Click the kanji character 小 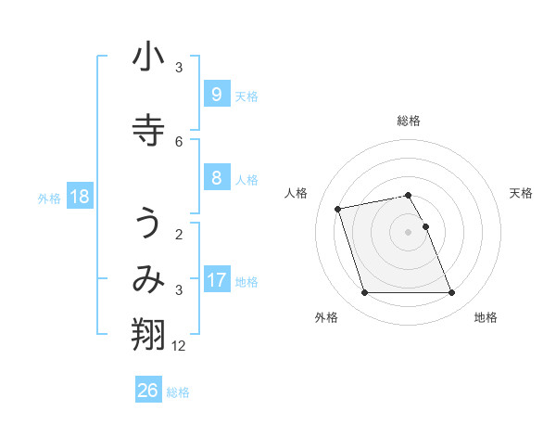tap(148, 58)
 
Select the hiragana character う tap(148, 224)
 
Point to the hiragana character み tap(148, 280)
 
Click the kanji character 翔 tap(148, 334)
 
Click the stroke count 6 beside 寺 tap(179, 141)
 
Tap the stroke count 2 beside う tap(179, 234)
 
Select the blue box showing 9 tap(216, 94)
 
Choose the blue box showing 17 tap(216, 279)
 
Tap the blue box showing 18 tap(79, 196)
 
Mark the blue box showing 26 tap(148, 391)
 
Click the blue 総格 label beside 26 tap(178, 392)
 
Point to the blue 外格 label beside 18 tap(49, 198)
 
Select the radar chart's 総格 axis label tap(408, 121)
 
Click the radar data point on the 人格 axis tap(338, 208)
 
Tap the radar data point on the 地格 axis tap(451, 293)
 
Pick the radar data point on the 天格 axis tap(425, 226)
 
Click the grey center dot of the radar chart tap(408, 232)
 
